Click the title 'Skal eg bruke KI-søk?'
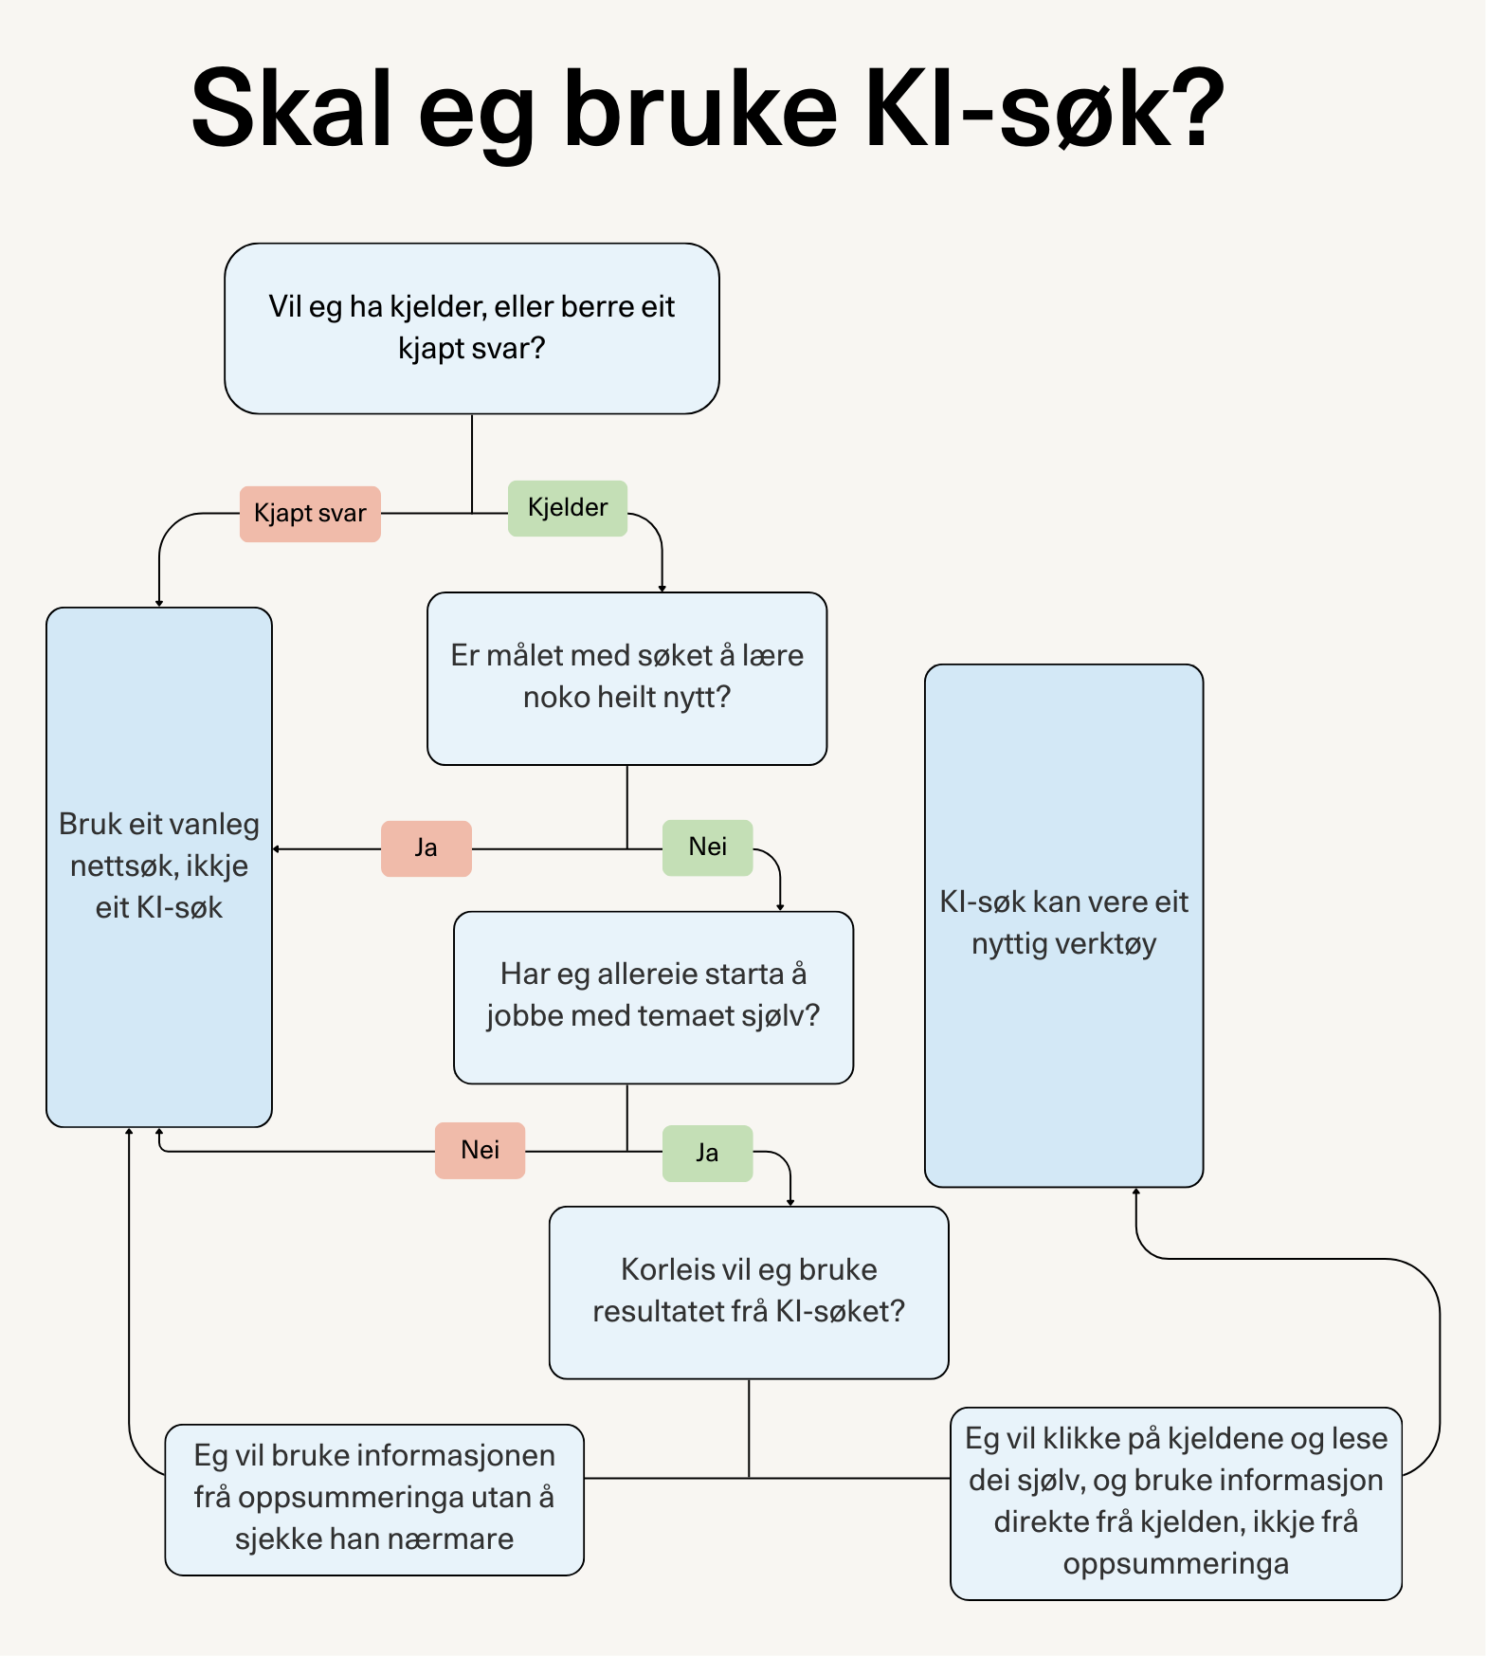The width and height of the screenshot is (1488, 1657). [x=707, y=109]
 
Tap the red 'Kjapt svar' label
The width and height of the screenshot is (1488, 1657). [x=310, y=514]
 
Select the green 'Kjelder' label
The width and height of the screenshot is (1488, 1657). [x=567, y=508]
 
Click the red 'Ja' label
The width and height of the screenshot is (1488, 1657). [x=426, y=847]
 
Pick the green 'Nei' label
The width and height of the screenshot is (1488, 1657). [x=707, y=847]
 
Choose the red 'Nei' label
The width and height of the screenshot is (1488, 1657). [x=480, y=1150]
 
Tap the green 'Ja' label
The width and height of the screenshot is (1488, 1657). [x=707, y=1153]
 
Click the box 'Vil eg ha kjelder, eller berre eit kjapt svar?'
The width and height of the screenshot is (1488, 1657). [x=471, y=328]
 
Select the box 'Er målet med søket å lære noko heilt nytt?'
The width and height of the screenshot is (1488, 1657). [x=626, y=678]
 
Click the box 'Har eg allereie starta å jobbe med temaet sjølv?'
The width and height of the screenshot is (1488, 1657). [x=653, y=996]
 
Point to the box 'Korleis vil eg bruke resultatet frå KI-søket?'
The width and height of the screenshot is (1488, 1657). [x=749, y=1291]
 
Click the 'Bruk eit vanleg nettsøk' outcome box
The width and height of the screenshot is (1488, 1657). [x=159, y=865]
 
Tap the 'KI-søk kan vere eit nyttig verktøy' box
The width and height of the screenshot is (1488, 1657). [x=1063, y=923]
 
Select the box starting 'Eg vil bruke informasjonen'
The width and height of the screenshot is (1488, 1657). [x=374, y=1499]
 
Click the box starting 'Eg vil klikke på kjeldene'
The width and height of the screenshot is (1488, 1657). [x=1175, y=1502]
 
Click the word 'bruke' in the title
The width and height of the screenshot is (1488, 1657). [x=700, y=109]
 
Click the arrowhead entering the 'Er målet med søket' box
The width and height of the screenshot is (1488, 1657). [x=662, y=588]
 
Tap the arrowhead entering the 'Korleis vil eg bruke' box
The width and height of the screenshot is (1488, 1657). [x=790, y=1202]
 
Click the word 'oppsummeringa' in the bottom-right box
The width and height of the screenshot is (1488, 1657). [x=1175, y=1564]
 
